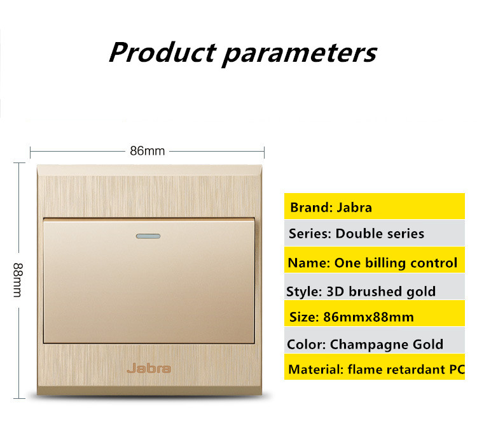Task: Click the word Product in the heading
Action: click(162, 52)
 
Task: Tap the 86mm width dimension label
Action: click(148, 151)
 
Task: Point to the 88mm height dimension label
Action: click(18, 280)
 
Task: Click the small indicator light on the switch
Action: click(148, 236)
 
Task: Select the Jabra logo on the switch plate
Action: click(149, 368)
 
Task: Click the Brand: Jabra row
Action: click(375, 206)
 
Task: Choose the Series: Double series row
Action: click(375, 233)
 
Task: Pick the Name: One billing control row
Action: click(375, 260)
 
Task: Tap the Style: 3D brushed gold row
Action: click(375, 287)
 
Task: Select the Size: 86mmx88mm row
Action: click(375, 313)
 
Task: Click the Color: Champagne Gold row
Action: click(375, 340)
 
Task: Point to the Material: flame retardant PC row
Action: click(375, 367)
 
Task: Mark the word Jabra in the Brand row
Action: click(354, 208)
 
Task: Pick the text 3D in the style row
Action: click(335, 291)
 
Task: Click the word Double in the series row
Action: click(356, 234)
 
